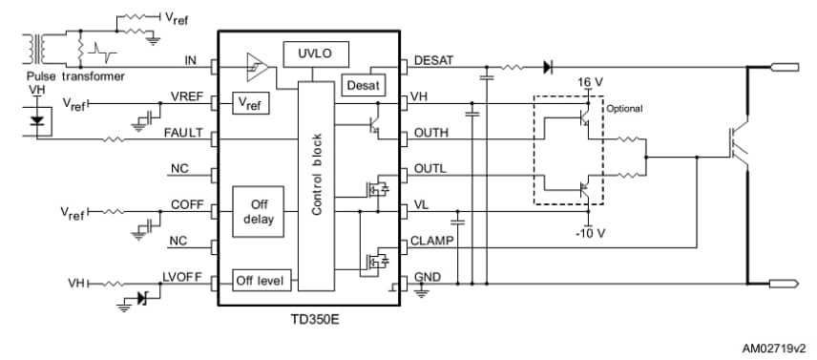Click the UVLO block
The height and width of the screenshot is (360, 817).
[316, 53]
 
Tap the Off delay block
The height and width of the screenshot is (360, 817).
[259, 211]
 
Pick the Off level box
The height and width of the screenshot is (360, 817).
[264, 282]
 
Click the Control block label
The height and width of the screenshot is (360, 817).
[317, 173]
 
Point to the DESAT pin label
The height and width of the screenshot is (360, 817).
[435, 61]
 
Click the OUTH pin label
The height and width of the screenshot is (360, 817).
[431, 133]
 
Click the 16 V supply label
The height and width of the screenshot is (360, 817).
[591, 83]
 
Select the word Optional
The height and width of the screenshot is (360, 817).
[625, 109]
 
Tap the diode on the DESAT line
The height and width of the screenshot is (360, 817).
[548, 67]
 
